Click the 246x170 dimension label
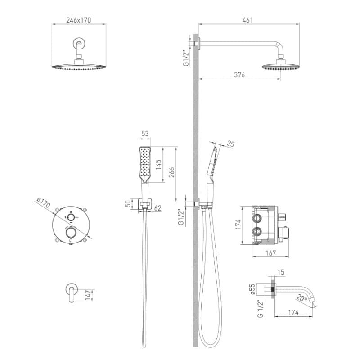click(78, 20)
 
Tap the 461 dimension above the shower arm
click(247, 20)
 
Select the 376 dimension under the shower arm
click(239, 75)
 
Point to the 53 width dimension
click(145, 133)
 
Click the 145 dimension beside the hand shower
click(159, 165)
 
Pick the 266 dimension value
click(172, 172)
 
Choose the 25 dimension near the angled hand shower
click(230, 144)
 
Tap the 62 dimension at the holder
click(157, 208)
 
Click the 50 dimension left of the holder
click(128, 203)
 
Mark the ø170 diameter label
click(43, 202)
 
